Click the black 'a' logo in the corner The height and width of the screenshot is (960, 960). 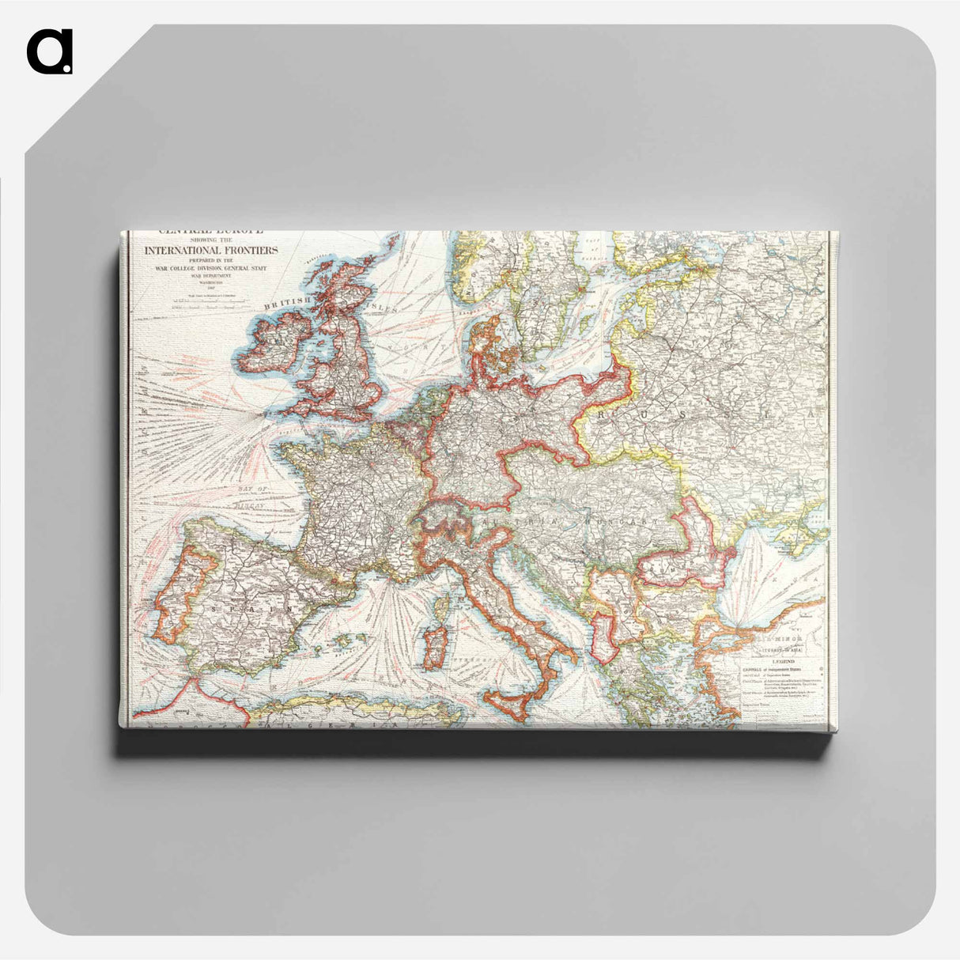pyautogui.click(x=49, y=52)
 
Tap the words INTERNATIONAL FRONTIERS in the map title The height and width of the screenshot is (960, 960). pyautogui.click(x=210, y=250)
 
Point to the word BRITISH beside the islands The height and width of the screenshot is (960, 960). pyautogui.click(x=286, y=303)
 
